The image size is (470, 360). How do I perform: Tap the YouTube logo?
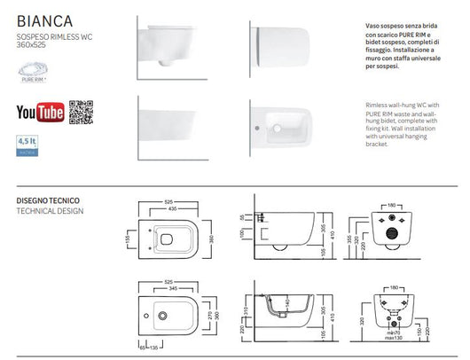[40, 111]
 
